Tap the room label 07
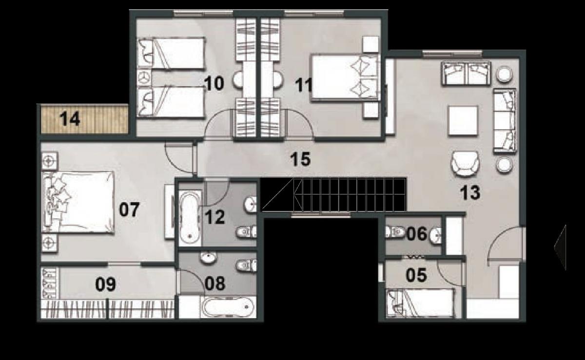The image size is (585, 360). [x=130, y=210]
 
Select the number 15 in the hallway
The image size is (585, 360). [x=300, y=159]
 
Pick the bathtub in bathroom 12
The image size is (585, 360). [x=189, y=217]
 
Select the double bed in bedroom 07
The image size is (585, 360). [x=78, y=202]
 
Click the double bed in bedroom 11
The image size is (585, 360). [x=345, y=77]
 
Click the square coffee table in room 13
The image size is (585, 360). [x=463, y=121]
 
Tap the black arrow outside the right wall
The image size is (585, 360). [x=560, y=247]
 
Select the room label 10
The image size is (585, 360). [x=214, y=84]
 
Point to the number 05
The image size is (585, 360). [x=417, y=276]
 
